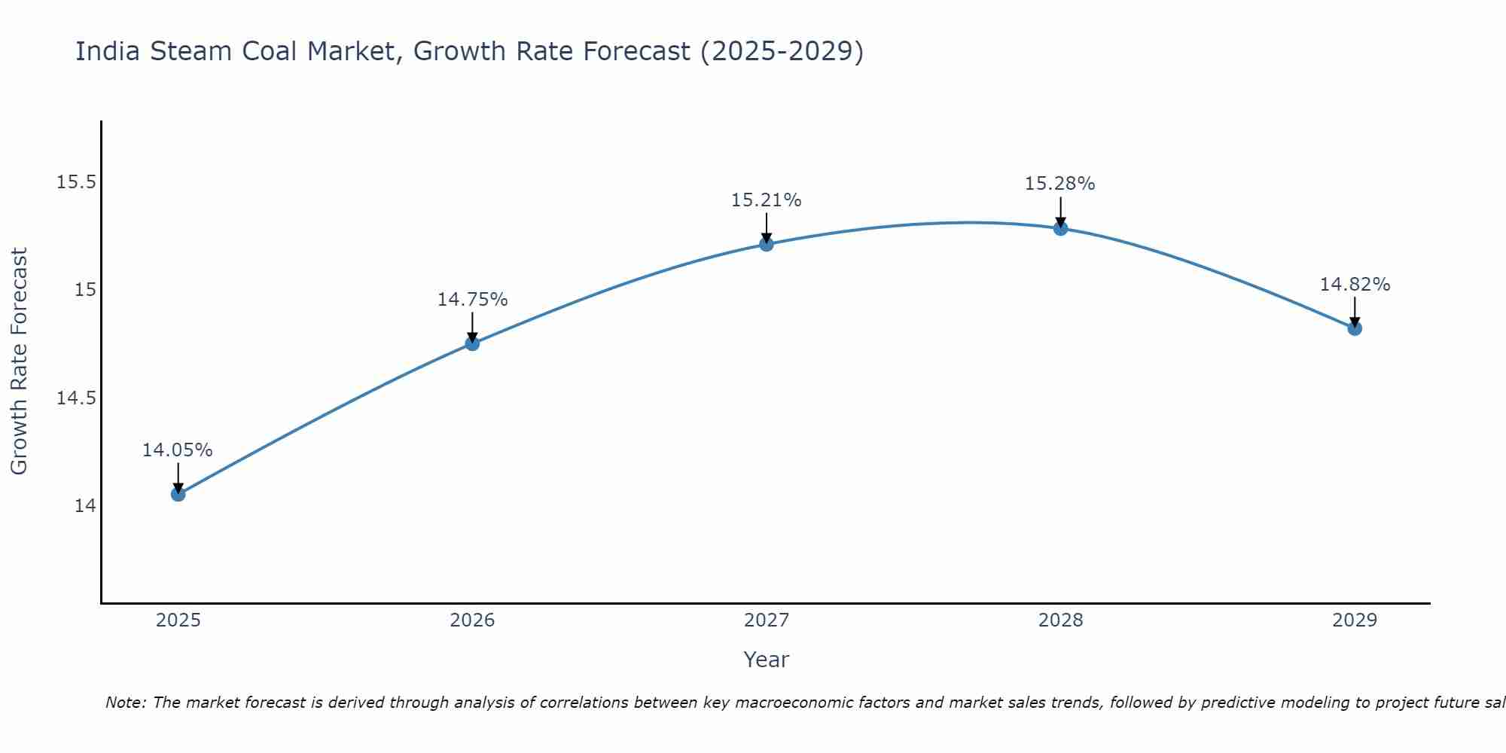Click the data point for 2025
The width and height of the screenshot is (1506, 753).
coord(178,494)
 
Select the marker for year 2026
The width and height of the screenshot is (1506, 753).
coord(472,343)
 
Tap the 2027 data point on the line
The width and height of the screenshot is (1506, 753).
coord(767,244)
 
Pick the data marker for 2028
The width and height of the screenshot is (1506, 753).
coord(1060,228)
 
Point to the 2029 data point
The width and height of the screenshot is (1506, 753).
coord(1355,328)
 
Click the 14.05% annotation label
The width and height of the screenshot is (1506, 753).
coord(178,450)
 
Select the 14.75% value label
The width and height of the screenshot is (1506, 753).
coord(472,300)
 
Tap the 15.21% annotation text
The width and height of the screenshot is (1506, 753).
coord(767,200)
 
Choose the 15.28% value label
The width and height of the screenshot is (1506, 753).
coord(1059,184)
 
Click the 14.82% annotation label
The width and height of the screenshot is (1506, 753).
coord(1355,285)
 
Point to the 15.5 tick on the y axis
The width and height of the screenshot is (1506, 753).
coord(77,182)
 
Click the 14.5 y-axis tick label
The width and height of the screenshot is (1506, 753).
coord(77,398)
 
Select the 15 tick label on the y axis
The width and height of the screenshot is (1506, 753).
coord(85,290)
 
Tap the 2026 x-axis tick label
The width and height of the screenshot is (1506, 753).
coord(472,620)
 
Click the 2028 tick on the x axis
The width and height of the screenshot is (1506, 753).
coord(1060,620)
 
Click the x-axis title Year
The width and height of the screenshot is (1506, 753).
coord(766,660)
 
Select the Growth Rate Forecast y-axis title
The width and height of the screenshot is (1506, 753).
coord(19,361)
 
